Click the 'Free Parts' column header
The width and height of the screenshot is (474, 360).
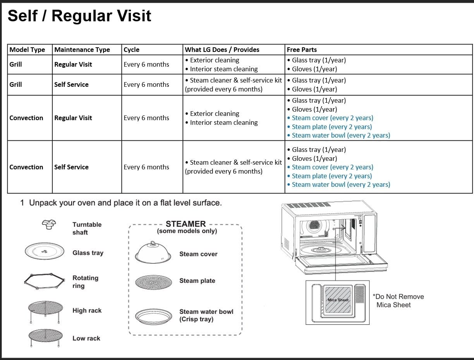tap(301, 50)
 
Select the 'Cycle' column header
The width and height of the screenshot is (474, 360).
tap(131, 50)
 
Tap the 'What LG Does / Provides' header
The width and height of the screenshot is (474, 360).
tap(222, 50)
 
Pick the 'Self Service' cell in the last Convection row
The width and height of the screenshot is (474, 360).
tap(71, 167)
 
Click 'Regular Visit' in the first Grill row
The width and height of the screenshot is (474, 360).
tap(73, 64)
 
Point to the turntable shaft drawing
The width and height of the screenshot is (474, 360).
tap(49, 224)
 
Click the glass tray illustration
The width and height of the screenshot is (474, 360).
tap(45, 251)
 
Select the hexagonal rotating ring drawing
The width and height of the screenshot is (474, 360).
tap(45, 281)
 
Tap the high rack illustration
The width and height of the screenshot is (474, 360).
tap(45, 311)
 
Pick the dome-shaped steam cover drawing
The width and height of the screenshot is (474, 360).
tap(153, 252)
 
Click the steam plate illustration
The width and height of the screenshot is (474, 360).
tap(153, 282)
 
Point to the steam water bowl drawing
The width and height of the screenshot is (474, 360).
tap(153, 316)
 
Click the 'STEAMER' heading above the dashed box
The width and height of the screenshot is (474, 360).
tap(186, 224)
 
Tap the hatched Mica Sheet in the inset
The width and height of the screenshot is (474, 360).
tap(338, 300)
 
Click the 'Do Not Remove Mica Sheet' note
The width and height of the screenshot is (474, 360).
tap(398, 301)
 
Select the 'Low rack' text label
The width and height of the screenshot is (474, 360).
tap(86, 338)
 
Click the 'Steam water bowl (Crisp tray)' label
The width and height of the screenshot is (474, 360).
tap(206, 315)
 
